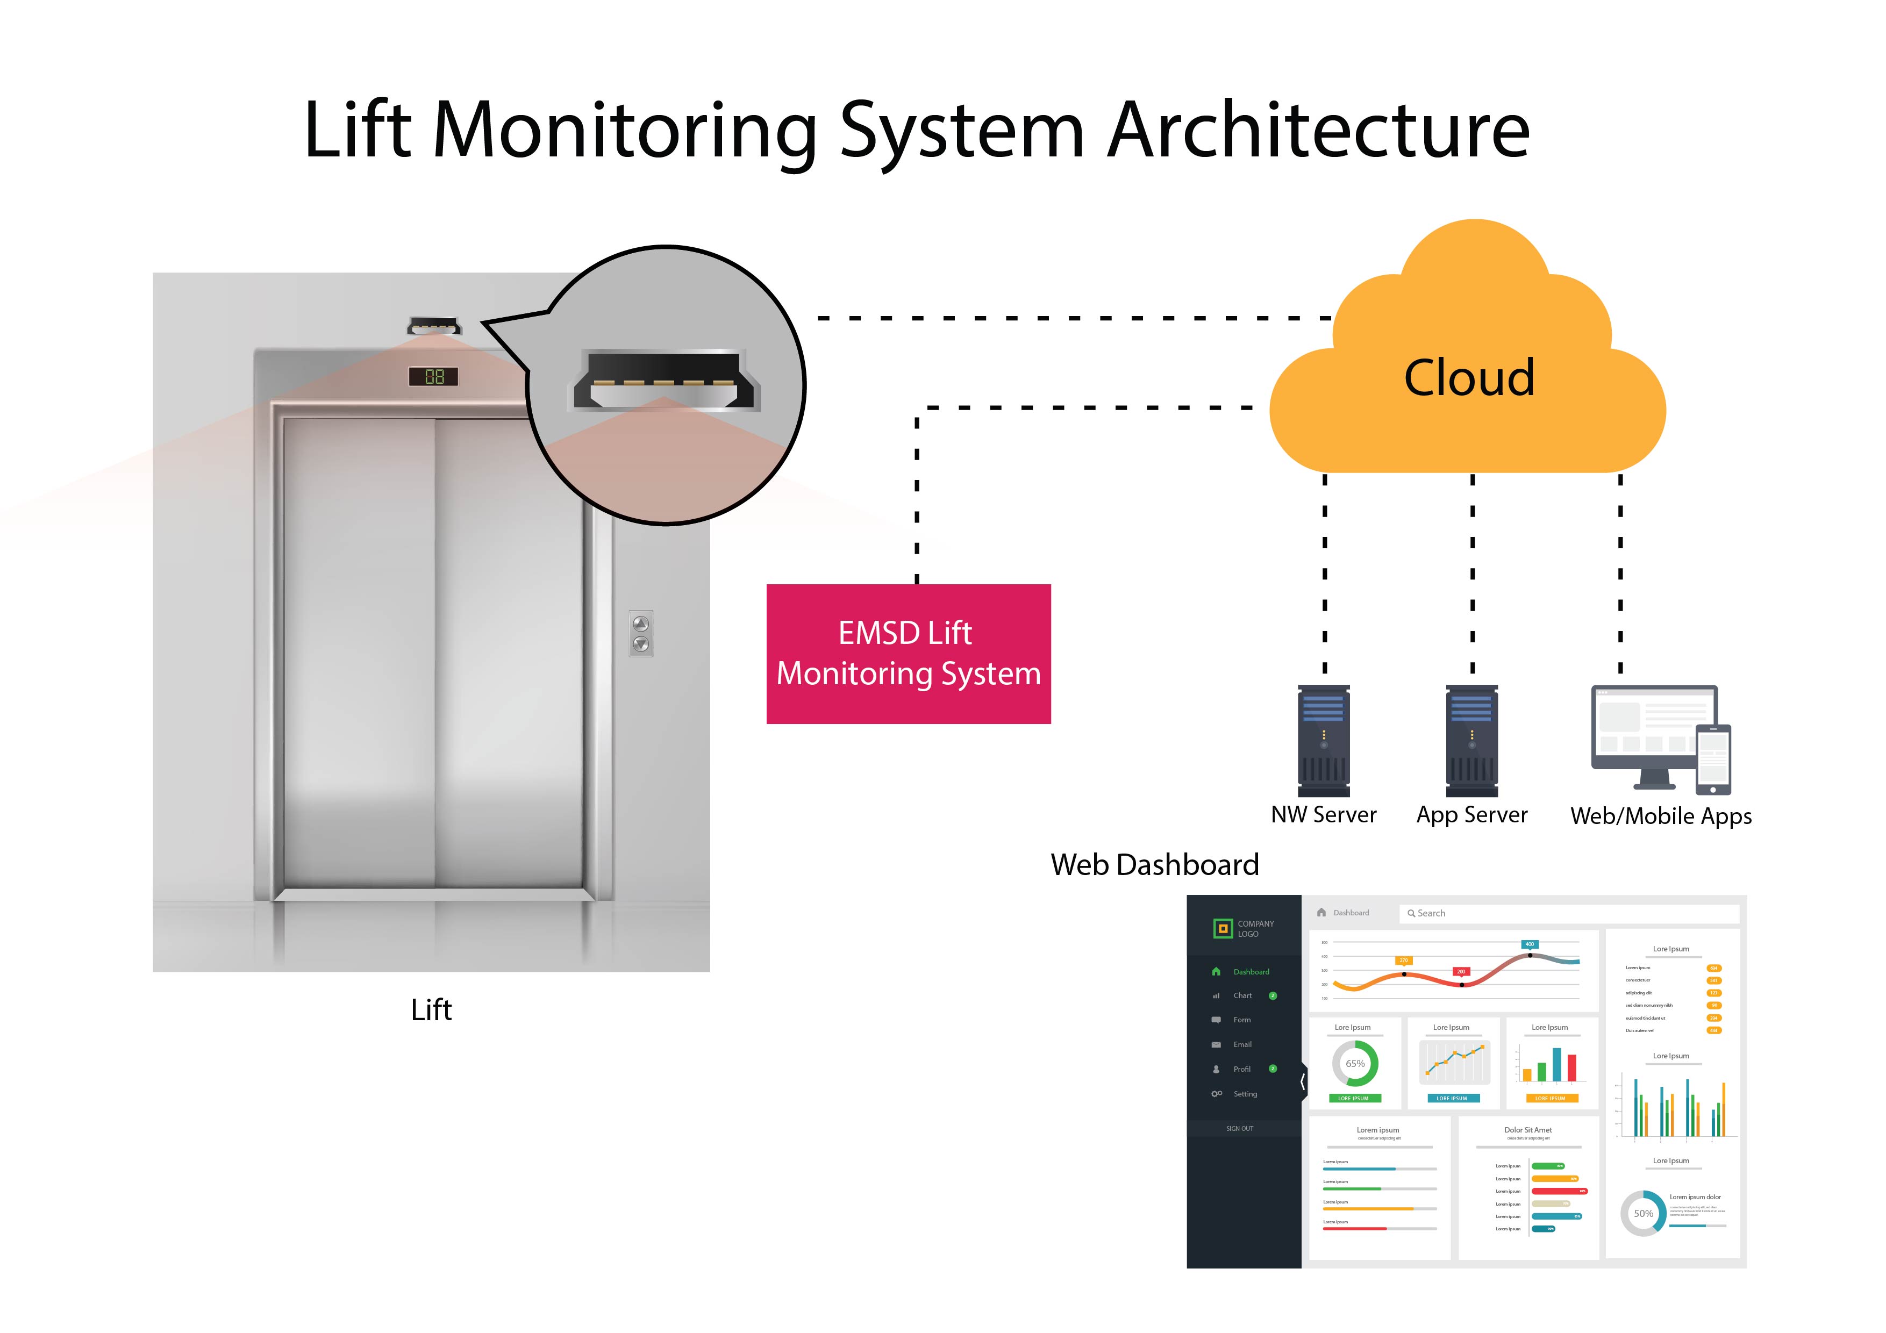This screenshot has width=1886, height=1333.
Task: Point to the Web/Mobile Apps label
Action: click(x=1660, y=816)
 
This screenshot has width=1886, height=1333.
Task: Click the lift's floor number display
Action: click(x=434, y=377)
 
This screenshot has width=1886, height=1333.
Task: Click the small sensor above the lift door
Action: click(x=434, y=326)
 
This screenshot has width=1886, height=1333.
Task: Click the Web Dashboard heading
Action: click(x=1154, y=865)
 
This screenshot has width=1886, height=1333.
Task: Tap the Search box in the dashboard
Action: click(x=1569, y=913)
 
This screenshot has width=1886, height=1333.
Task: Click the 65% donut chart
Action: click(x=1354, y=1064)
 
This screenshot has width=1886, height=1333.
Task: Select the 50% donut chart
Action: click(x=1643, y=1213)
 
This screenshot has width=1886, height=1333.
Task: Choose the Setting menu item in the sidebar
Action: click(x=1245, y=1094)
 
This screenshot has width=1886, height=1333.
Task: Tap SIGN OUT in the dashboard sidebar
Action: click(x=1240, y=1129)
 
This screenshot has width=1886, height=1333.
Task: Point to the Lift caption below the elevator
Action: click(x=431, y=1009)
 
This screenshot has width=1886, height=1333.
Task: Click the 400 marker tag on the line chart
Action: click(x=1530, y=944)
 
